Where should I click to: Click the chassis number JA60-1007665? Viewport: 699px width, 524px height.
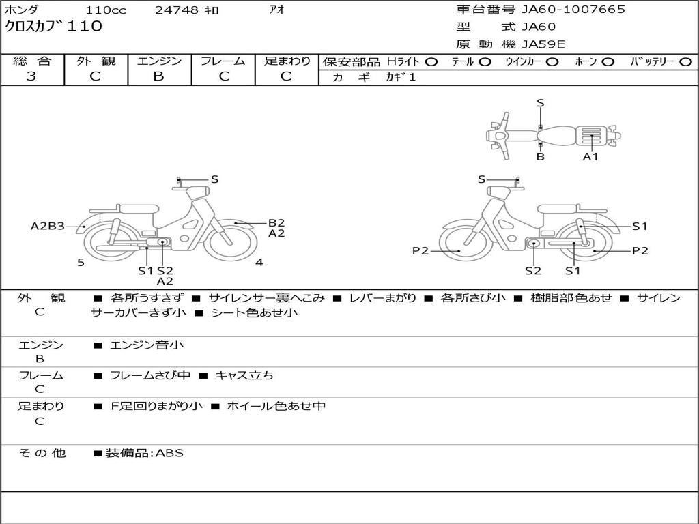pyautogui.click(x=573, y=10)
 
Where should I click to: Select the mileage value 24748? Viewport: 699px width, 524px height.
pyautogui.click(x=177, y=10)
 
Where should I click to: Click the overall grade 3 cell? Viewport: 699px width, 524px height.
pyautogui.click(x=32, y=76)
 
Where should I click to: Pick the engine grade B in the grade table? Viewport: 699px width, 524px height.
pyautogui.click(x=159, y=76)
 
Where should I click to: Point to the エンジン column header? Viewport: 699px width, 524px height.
pyautogui.click(x=159, y=61)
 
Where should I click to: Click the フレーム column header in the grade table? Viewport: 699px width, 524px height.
pyautogui.click(x=223, y=61)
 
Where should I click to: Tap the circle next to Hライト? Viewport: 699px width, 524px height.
pyautogui.click(x=431, y=61)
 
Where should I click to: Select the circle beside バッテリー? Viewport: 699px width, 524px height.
pyautogui.click(x=685, y=61)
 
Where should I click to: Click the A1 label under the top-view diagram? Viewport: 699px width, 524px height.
pyautogui.click(x=590, y=156)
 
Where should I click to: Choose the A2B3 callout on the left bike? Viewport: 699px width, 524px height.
pyautogui.click(x=48, y=226)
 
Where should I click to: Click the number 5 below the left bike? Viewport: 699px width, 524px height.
pyautogui.click(x=81, y=263)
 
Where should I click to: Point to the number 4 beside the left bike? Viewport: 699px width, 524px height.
pyautogui.click(x=259, y=262)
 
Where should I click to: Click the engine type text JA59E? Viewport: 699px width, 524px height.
pyautogui.click(x=543, y=44)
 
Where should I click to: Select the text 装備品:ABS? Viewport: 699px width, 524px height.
pyautogui.click(x=144, y=453)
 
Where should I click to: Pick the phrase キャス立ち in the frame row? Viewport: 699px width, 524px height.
pyautogui.click(x=244, y=375)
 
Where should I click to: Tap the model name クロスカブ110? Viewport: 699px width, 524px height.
pyautogui.click(x=54, y=27)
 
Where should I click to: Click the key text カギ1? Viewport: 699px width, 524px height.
pyautogui.click(x=401, y=77)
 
